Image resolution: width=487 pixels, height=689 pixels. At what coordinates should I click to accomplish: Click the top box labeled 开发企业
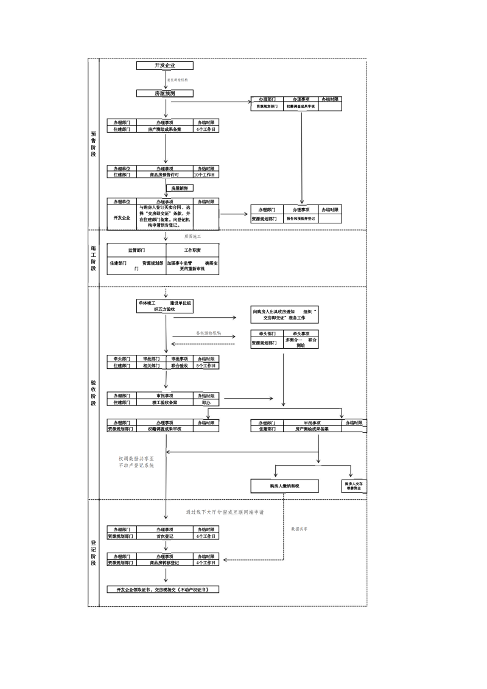tap(156, 66)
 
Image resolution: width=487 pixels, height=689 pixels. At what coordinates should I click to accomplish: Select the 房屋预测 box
tap(164, 93)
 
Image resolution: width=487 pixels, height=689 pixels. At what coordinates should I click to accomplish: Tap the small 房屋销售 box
tap(180, 188)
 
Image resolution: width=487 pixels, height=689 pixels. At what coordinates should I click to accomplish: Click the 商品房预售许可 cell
tap(164, 175)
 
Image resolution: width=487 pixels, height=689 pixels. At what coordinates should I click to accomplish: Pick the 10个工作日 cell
tap(205, 175)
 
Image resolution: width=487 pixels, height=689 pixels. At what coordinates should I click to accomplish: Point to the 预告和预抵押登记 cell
tap(301, 219)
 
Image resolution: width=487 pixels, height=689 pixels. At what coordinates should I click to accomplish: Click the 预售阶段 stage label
tap(93, 144)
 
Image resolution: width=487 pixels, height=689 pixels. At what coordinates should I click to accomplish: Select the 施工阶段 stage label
tap(93, 258)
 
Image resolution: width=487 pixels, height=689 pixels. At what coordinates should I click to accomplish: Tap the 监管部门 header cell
tap(136, 250)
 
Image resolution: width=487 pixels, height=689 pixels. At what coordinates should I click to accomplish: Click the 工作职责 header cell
tap(192, 250)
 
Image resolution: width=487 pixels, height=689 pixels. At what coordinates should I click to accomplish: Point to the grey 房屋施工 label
tap(192, 236)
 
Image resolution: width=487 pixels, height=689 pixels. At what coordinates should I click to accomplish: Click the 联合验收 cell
tap(178, 366)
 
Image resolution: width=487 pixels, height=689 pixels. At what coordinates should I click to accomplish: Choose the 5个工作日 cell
tap(205, 366)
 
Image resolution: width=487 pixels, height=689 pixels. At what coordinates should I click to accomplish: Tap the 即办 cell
tap(205, 402)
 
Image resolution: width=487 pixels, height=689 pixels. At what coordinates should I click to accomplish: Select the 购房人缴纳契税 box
tap(285, 486)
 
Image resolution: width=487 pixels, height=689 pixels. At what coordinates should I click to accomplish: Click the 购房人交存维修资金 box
tap(356, 486)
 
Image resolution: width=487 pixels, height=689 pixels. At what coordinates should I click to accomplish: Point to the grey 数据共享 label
tap(299, 529)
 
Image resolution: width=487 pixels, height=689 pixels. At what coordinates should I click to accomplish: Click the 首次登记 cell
tap(164, 537)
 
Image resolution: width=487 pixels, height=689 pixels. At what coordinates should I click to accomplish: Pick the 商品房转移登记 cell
tap(164, 563)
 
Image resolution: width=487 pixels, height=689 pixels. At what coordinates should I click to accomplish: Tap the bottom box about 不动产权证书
tap(163, 590)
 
